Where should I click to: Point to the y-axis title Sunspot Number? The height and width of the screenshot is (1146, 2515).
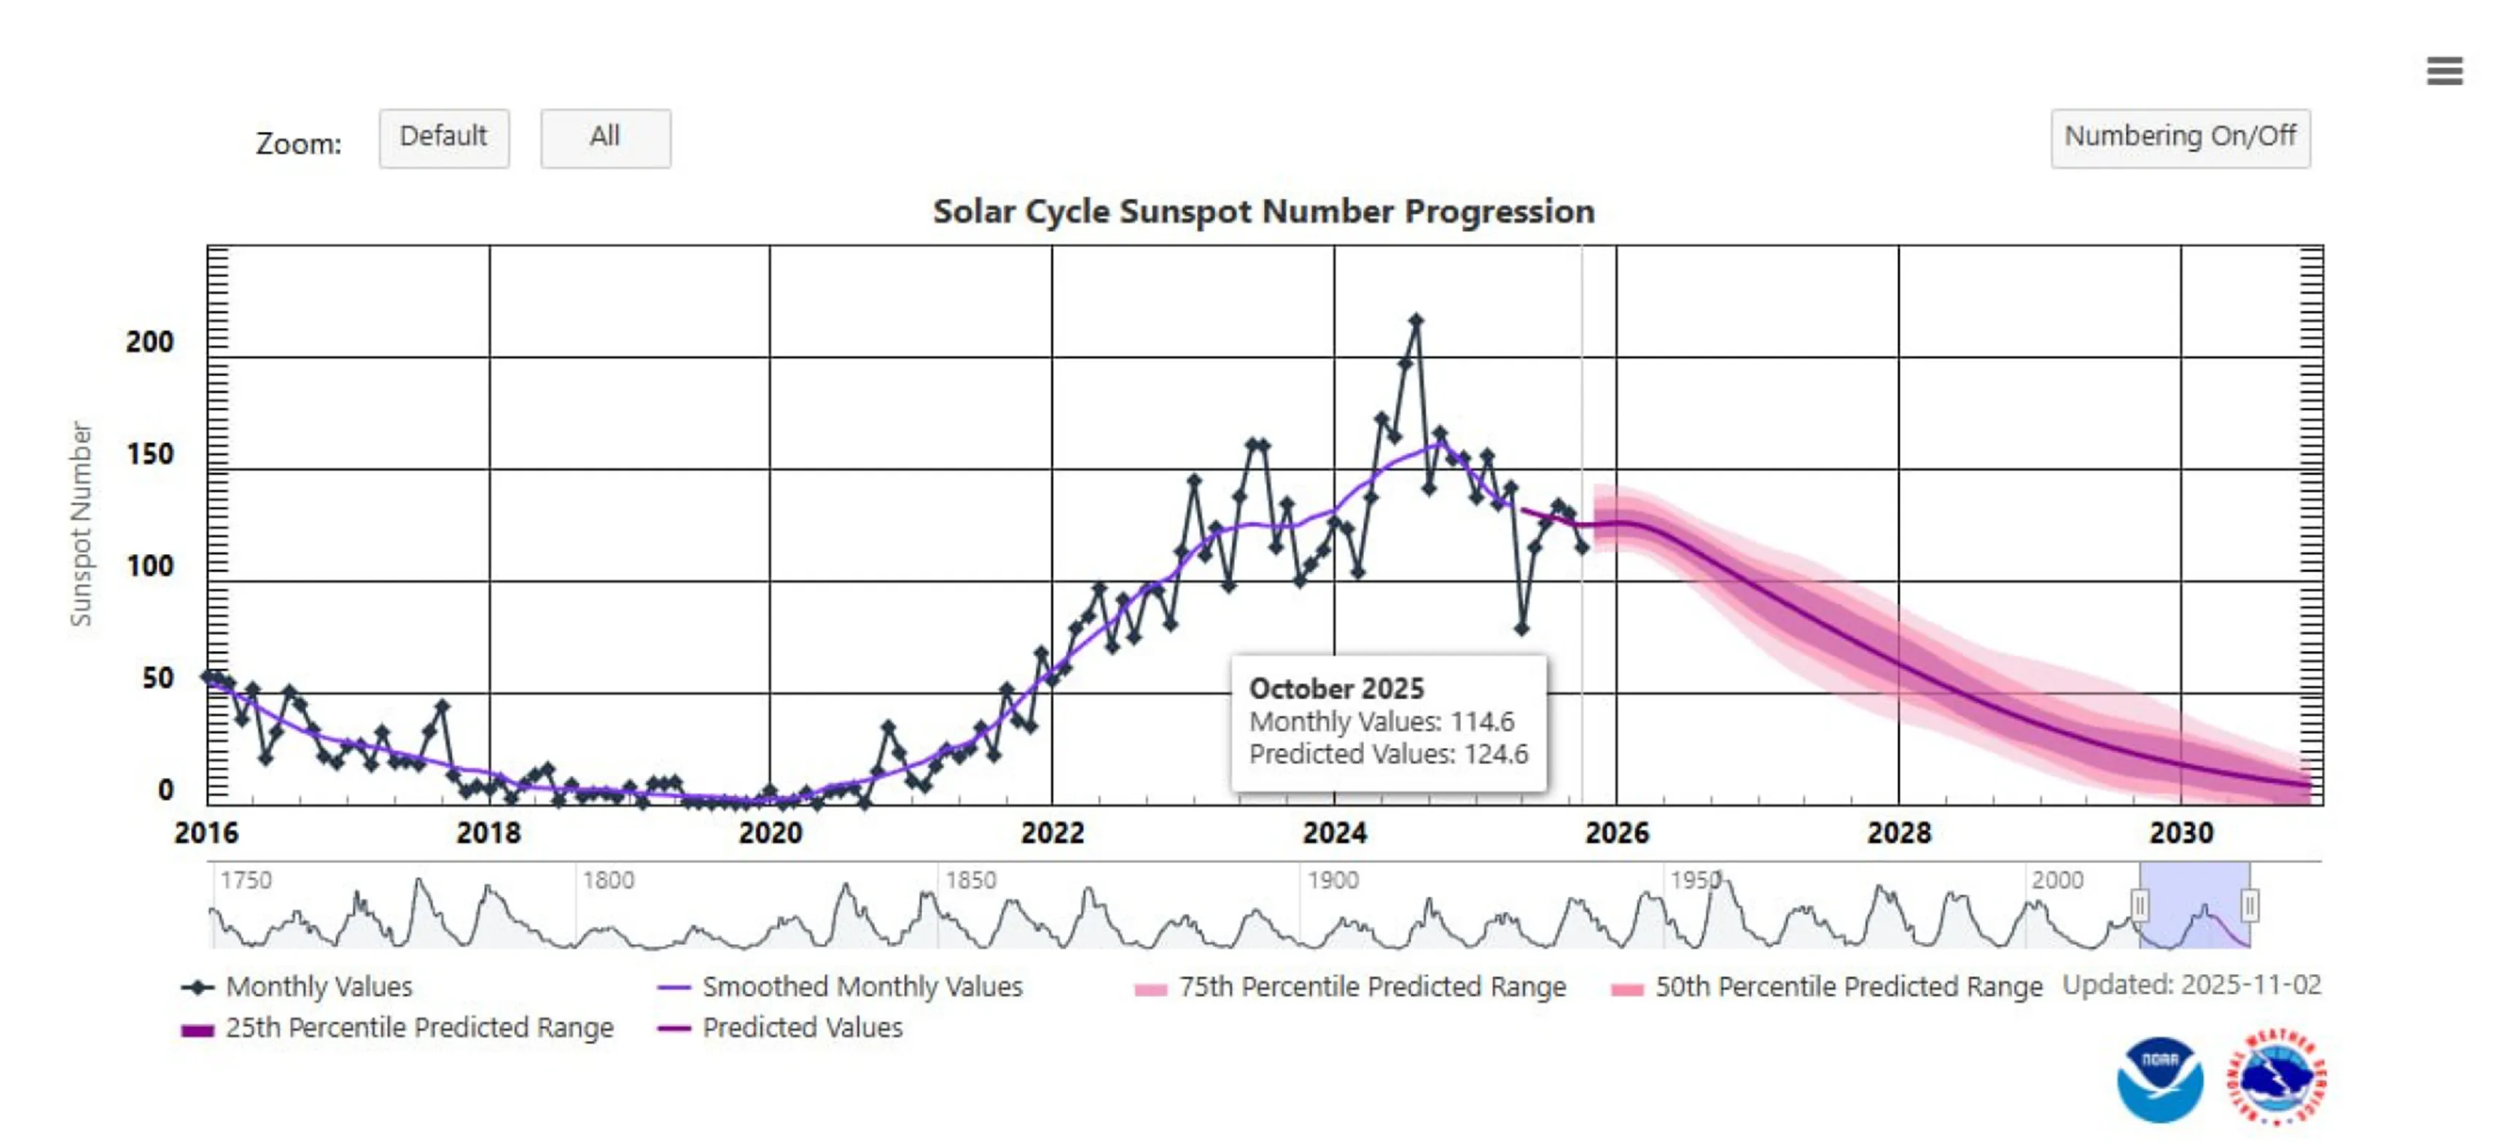click(x=81, y=523)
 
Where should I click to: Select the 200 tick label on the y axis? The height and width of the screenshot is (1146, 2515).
click(x=149, y=343)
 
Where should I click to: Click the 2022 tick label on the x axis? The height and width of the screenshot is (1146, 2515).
click(x=1051, y=833)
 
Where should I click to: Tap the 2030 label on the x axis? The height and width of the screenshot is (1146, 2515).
click(x=2180, y=833)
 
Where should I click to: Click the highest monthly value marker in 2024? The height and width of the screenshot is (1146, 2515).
click(x=1416, y=320)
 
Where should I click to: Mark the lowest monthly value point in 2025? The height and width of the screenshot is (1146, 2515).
click(x=1521, y=628)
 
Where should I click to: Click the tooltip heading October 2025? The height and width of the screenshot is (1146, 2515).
click(x=1336, y=688)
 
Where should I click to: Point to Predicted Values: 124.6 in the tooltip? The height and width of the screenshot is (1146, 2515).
click(x=1388, y=755)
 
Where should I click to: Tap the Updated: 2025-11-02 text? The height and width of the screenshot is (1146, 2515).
click(x=2191, y=985)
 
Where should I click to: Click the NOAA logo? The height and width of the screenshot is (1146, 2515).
click(x=2159, y=1080)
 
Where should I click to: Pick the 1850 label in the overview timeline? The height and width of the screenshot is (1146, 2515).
click(x=970, y=881)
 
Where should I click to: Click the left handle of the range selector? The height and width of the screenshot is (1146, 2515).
click(x=2139, y=906)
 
